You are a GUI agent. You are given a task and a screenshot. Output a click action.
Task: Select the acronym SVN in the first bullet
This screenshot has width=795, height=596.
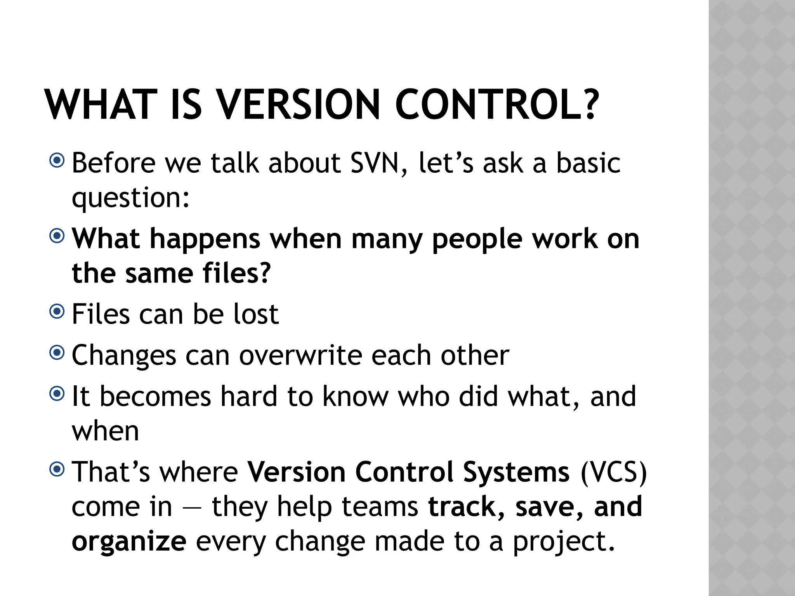[374, 163]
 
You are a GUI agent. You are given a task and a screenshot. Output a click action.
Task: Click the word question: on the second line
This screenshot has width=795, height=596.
[131, 198]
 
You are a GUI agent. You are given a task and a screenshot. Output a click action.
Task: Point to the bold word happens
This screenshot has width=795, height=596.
[205, 239]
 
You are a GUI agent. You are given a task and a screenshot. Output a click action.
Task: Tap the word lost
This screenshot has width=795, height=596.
[256, 314]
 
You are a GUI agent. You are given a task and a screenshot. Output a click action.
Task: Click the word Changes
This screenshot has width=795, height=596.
[124, 356]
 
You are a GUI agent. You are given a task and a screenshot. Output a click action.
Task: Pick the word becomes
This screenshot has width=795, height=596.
[155, 397]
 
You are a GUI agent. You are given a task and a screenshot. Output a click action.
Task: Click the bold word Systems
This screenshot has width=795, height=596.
[516, 472]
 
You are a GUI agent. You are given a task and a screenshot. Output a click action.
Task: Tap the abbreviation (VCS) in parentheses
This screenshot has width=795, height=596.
[614, 472]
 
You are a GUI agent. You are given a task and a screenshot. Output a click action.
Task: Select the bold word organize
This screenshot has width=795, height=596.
[129, 542]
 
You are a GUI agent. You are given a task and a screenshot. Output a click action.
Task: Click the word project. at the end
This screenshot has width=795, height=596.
[564, 542]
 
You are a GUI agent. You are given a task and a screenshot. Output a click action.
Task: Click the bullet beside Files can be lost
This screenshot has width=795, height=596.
[57, 311]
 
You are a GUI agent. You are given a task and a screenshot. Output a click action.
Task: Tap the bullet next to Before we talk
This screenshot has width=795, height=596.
[57, 160]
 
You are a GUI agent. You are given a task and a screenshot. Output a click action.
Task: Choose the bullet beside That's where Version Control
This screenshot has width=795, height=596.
[57, 470]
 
